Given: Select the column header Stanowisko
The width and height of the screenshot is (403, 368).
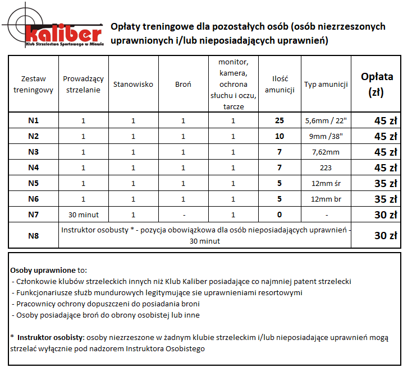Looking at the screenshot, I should (x=133, y=85).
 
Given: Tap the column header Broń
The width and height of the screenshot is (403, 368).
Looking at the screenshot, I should (x=183, y=85).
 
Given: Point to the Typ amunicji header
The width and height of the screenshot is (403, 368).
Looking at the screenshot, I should (x=326, y=85).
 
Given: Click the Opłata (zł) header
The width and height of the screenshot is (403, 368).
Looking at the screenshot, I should (x=372, y=84).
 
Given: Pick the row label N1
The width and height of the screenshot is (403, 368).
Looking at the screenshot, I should (x=33, y=120).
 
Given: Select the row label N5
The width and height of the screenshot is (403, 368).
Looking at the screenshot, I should (x=33, y=183).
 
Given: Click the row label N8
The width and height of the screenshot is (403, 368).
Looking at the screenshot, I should (x=33, y=236).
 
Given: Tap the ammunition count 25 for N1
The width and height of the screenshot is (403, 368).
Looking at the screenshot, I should (x=280, y=120).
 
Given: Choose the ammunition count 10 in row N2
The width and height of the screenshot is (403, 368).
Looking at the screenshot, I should (x=280, y=136).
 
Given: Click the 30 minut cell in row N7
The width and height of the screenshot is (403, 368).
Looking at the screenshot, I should (x=83, y=215).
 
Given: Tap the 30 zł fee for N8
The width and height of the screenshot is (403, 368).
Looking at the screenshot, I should (x=386, y=236).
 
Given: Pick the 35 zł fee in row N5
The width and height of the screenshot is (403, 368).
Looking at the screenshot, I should (x=386, y=183).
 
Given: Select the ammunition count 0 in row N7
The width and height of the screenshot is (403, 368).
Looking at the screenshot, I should (x=280, y=215).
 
